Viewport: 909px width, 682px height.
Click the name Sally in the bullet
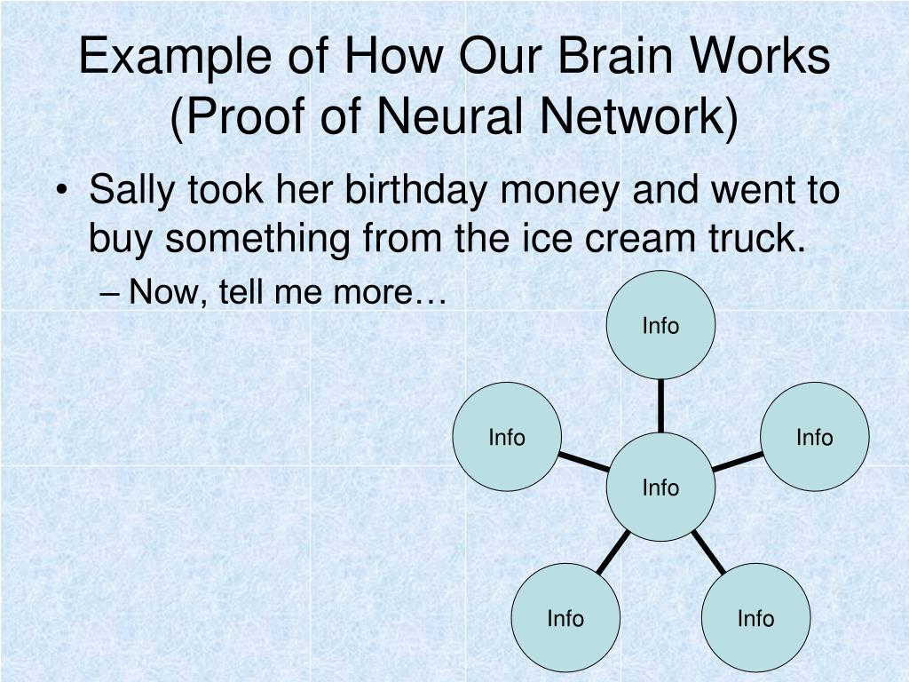tap(134, 191)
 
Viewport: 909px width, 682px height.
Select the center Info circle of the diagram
tap(660, 487)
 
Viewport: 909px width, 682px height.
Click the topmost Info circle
tap(660, 326)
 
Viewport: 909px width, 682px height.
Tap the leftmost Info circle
tap(507, 437)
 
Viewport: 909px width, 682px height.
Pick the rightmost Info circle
tap(815, 437)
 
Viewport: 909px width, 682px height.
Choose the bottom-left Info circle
tap(565, 618)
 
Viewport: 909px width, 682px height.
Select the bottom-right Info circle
tap(755, 618)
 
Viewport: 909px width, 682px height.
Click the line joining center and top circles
tap(660, 406)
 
